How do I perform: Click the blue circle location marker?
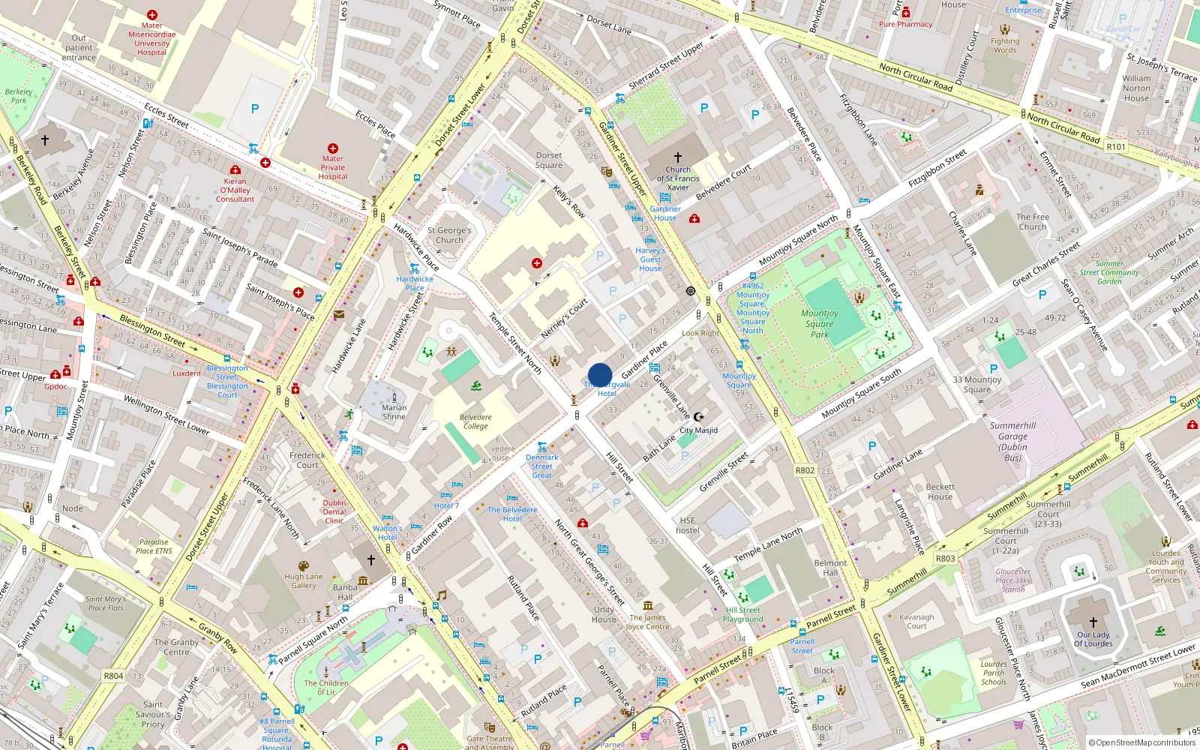click(x=600, y=375)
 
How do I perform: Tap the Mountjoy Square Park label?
click(x=819, y=324)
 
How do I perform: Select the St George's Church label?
click(x=449, y=235)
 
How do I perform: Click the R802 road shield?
click(x=805, y=470)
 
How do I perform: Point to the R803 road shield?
click(x=945, y=558)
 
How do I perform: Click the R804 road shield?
click(x=113, y=676)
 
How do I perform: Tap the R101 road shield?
click(x=1116, y=146)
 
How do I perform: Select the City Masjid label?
click(x=698, y=430)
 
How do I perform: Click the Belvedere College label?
click(x=475, y=421)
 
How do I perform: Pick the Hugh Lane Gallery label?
click(x=304, y=581)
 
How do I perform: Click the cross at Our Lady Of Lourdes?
click(x=1093, y=622)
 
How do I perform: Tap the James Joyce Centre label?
click(x=647, y=622)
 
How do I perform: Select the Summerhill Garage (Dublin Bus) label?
click(x=1012, y=441)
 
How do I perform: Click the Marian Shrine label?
click(x=394, y=412)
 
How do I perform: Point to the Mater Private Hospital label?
click(x=332, y=167)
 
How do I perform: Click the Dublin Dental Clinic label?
click(x=334, y=511)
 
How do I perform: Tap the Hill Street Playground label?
click(x=742, y=614)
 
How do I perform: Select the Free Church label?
click(x=1032, y=221)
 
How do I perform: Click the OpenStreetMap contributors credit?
click(x=1141, y=742)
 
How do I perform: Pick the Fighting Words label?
click(x=1005, y=46)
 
